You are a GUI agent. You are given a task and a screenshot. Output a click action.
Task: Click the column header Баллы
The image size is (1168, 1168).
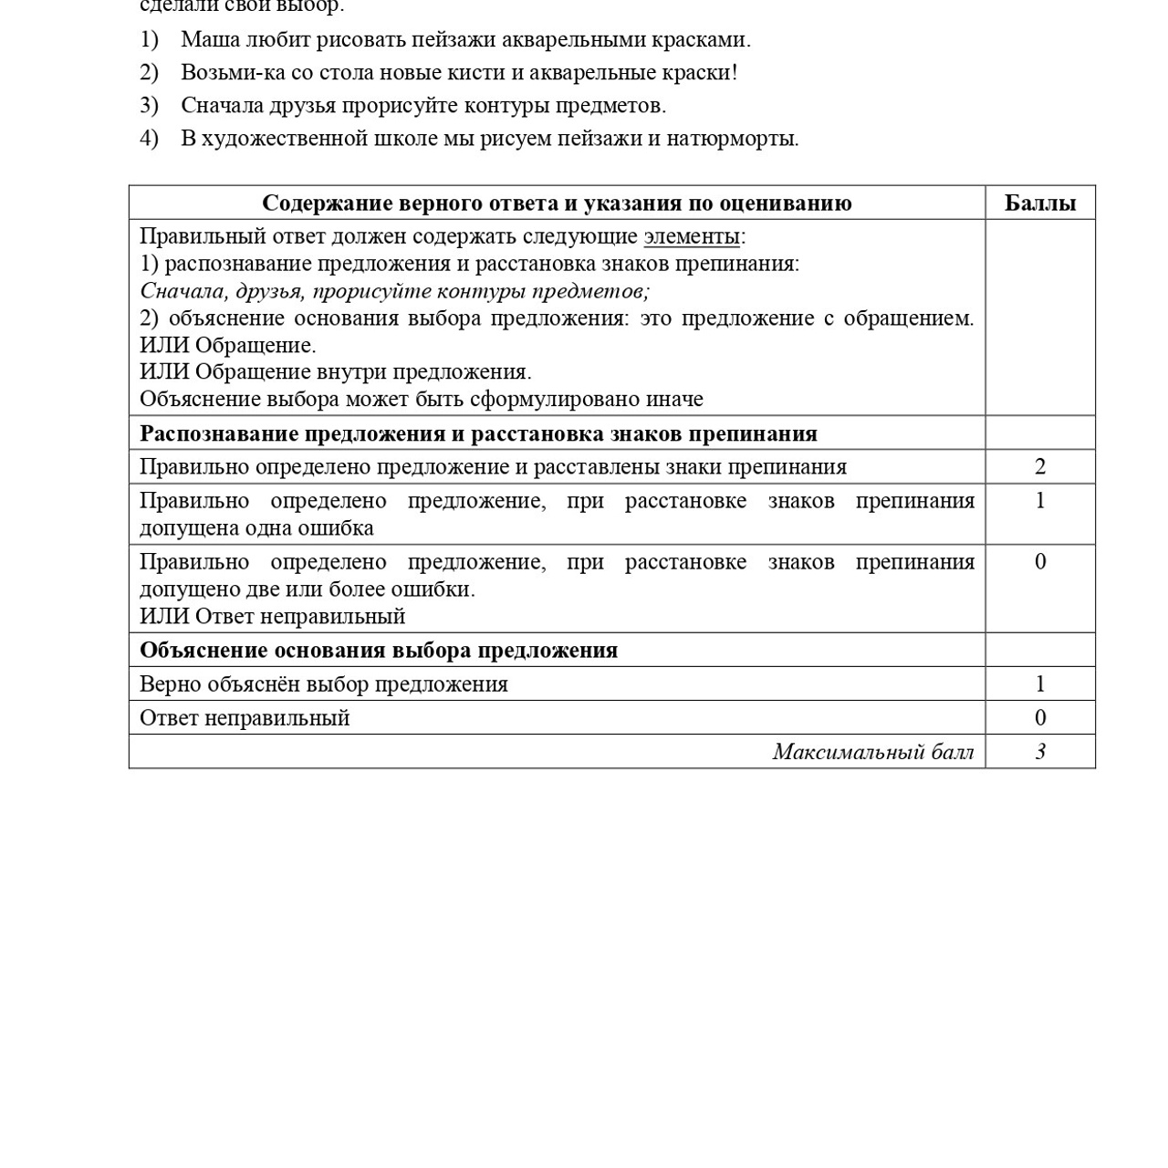pyautogui.click(x=1039, y=203)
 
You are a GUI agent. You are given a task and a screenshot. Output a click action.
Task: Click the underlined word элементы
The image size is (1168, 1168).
pyautogui.click(x=691, y=236)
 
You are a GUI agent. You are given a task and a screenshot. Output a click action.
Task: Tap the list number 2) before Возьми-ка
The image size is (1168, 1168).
pyautogui.click(x=149, y=73)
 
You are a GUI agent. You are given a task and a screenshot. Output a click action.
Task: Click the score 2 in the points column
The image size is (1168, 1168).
pyautogui.click(x=1039, y=467)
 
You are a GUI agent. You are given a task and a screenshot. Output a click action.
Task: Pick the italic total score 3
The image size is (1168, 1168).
pyautogui.click(x=1039, y=752)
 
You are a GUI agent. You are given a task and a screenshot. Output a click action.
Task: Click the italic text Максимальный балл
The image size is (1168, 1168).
pyautogui.click(x=872, y=752)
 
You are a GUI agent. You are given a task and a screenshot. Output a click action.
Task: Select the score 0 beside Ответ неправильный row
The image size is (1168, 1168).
pyautogui.click(x=1039, y=718)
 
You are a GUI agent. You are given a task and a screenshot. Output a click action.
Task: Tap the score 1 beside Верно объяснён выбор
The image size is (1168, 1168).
pyautogui.click(x=1039, y=684)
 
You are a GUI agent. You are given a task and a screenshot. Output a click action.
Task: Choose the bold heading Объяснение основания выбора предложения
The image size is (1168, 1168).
pyautogui.click(x=379, y=651)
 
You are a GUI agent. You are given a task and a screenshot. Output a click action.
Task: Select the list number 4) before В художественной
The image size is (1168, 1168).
pyautogui.click(x=149, y=139)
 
